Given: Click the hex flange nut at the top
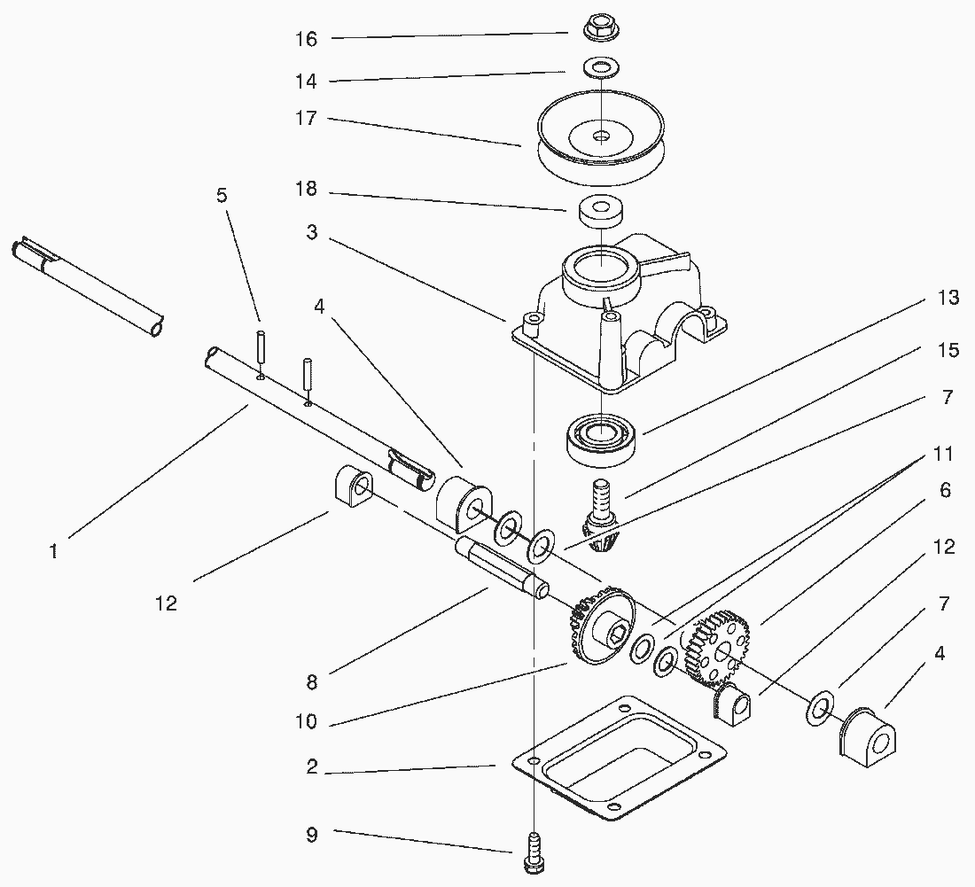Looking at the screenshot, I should tap(601, 30).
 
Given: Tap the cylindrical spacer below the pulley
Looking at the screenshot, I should tap(600, 213).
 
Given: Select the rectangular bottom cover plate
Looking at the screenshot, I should tap(619, 757).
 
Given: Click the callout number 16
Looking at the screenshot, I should tap(306, 39).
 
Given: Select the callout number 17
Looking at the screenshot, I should tap(306, 118).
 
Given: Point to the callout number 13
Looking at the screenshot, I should tap(948, 298).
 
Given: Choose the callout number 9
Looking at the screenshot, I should tap(311, 834).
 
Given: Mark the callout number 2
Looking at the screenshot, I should tap(311, 767).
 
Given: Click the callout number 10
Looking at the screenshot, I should tap(306, 722).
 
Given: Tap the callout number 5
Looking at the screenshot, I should tap(222, 195).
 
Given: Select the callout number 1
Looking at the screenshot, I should tap(54, 551).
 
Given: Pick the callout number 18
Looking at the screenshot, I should tap(306, 191).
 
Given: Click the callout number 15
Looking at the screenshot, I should tap(948, 351).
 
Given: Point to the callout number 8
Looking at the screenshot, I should tap(311, 682).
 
